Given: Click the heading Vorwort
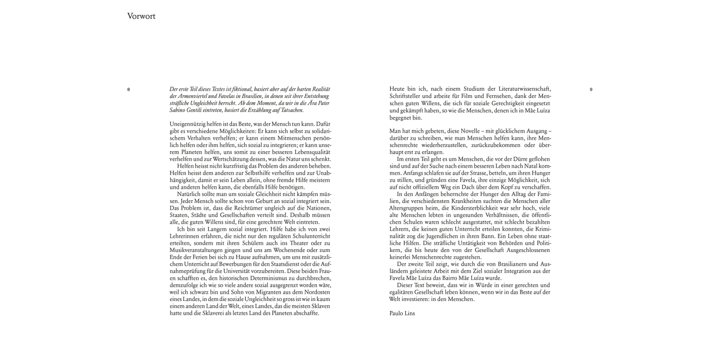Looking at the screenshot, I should pos(141,17).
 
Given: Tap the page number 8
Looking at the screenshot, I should pos(129,90).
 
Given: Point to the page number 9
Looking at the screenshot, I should pos(591,90).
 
